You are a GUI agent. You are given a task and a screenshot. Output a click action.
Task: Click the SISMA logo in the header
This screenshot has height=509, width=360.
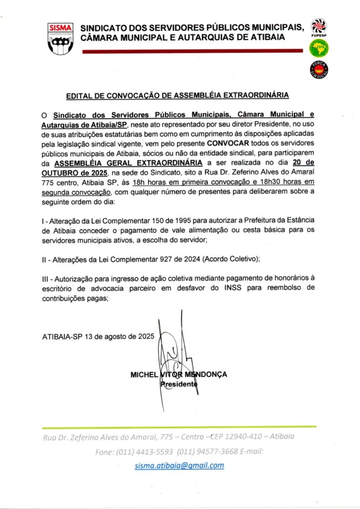point(60,38)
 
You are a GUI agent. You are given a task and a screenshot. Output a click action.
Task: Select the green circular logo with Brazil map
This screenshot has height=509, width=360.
point(318,48)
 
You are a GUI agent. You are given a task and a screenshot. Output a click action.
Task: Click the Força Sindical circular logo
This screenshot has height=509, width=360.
point(318,70)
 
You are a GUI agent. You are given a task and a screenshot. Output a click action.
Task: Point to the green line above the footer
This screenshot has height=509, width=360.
point(179,426)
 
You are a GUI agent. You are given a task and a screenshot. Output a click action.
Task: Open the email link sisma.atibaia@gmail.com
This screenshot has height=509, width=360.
point(180,466)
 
